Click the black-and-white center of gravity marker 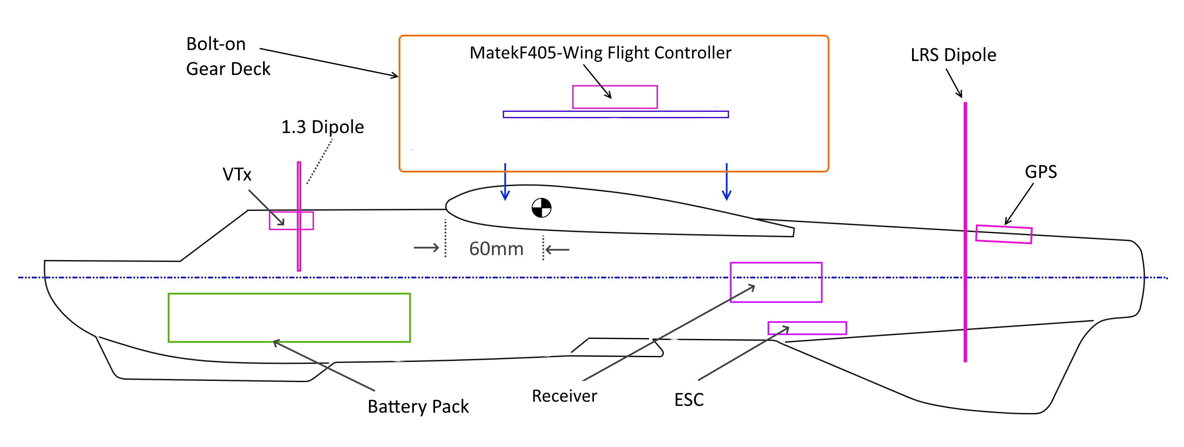point(541,208)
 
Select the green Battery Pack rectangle point(289,318)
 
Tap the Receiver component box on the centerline point(776,282)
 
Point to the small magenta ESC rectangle point(807,328)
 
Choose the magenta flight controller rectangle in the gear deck point(615,97)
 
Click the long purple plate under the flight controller point(616,114)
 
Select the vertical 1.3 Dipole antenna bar point(299,216)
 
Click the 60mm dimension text point(496,249)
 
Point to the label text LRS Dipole point(953,55)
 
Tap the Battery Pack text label point(418,406)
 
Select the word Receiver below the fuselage point(564,396)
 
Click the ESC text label point(688,400)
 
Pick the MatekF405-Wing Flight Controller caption point(600,53)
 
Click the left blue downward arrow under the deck point(505,182)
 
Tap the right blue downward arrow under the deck point(726,182)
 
